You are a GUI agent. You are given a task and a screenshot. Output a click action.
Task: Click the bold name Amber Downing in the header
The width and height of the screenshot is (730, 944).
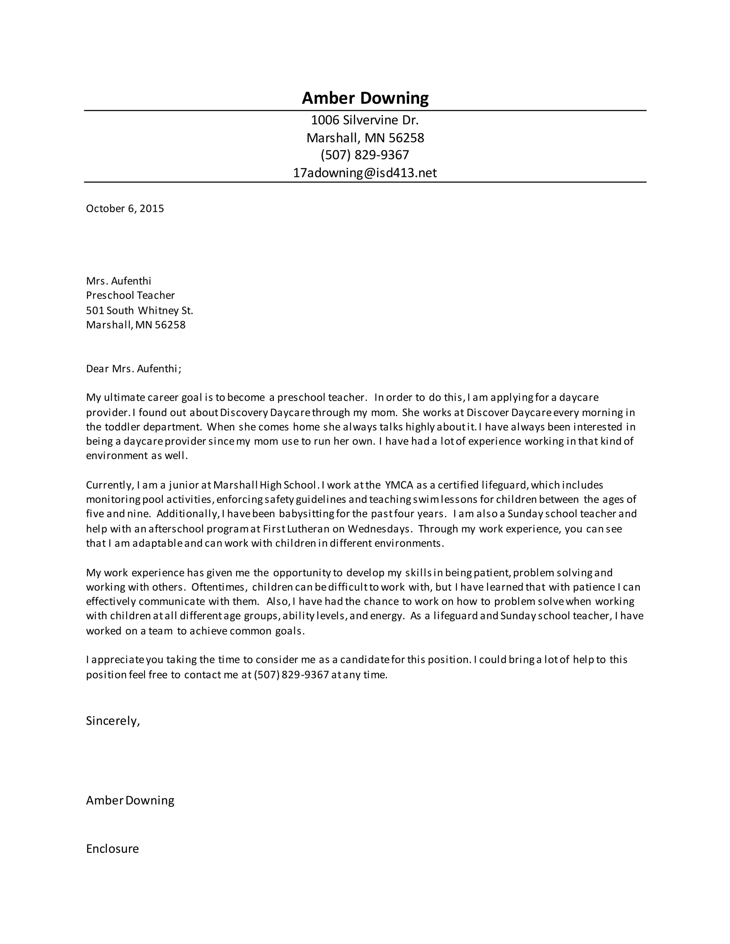[365, 98]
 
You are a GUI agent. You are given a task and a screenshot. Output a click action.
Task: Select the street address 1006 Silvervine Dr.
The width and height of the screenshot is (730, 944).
[365, 120]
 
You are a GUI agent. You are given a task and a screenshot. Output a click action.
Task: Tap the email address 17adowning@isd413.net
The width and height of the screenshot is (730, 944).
[365, 173]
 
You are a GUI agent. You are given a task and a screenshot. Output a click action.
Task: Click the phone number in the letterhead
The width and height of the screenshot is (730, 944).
[365, 155]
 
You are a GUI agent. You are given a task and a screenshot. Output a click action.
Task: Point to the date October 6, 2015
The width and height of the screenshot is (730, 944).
[125, 209]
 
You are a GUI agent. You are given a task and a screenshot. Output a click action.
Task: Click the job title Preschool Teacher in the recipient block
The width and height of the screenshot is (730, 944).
[130, 296]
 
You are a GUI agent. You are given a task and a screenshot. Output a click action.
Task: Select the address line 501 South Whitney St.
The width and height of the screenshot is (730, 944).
[139, 310]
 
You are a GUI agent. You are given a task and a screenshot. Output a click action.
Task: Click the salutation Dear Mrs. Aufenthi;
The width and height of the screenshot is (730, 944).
[134, 369]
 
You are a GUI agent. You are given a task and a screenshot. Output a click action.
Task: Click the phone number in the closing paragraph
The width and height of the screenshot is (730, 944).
[292, 675]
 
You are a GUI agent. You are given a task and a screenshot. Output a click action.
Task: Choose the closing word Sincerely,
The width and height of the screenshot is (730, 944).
[113, 721]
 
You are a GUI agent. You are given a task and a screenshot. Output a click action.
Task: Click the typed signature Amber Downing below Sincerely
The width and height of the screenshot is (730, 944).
[130, 800]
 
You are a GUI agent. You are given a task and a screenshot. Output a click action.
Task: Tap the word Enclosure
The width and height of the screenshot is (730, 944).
[112, 849]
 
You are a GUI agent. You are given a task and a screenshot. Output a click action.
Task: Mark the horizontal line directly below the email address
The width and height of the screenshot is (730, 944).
[365, 182]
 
